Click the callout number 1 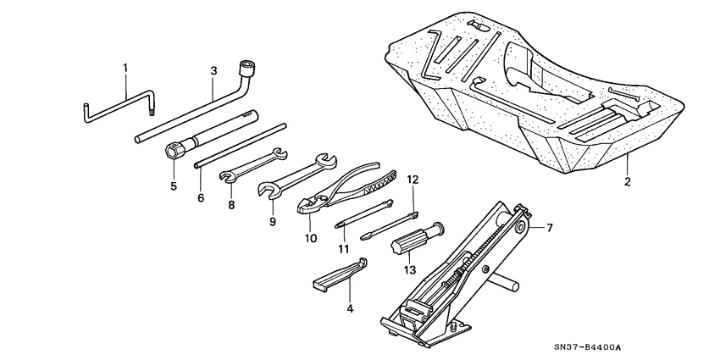(x=125, y=67)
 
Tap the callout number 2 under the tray (x=628, y=181)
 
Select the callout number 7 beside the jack (x=549, y=228)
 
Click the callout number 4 (x=349, y=309)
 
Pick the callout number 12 (x=413, y=180)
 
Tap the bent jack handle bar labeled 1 (x=119, y=106)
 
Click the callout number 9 (x=273, y=222)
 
